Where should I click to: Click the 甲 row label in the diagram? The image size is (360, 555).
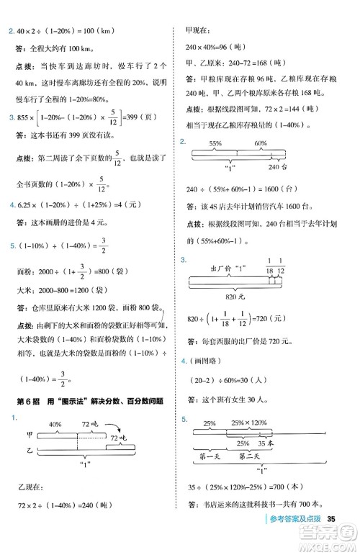tap(29, 434)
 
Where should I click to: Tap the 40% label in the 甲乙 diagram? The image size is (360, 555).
tap(54, 424)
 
